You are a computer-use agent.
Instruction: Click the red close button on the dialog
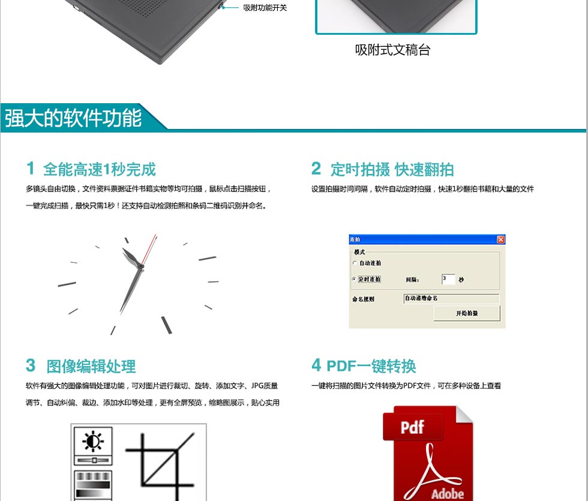click(x=500, y=239)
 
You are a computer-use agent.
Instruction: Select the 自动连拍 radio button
click(x=355, y=263)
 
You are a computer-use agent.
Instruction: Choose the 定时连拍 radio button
click(x=354, y=279)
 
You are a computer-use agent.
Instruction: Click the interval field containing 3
click(x=448, y=279)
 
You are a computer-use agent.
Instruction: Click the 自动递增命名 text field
click(x=451, y=299)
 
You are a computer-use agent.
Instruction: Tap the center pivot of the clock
click(x=141, y=266)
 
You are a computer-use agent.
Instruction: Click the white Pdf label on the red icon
click(x=412, y=427)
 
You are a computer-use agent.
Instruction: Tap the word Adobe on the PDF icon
click(x=448, y=493)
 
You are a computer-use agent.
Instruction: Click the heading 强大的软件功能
click(x=73, y=118)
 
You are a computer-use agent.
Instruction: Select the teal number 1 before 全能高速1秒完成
click(x=31, y=168)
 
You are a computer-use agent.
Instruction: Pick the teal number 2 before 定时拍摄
click(x=316, y=168)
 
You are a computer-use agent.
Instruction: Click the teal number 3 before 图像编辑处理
click(x=31, y=365)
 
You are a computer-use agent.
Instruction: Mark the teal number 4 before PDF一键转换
click(x=316, y=365)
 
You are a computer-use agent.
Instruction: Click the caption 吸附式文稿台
click(x=392, y=50)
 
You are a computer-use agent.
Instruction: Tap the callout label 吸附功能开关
click(x=265, y=7)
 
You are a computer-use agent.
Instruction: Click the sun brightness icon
click(x=92, y=441)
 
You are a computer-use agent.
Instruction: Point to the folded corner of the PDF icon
click(x=464, y=415)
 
